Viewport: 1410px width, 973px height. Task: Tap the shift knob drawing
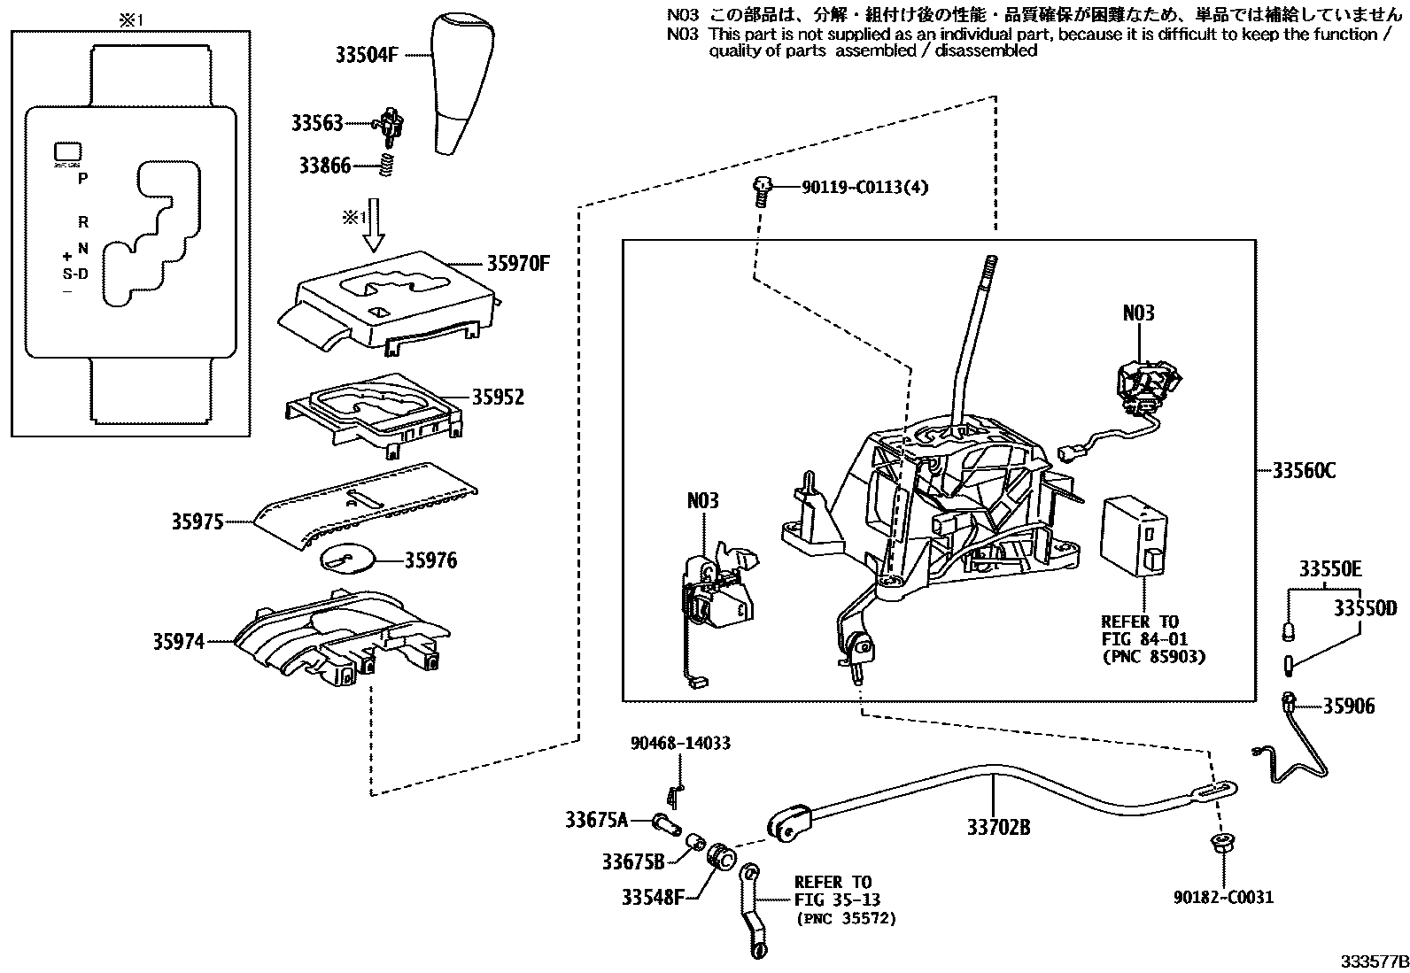[462, 84]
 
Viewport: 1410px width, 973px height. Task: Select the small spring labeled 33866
[387, 166]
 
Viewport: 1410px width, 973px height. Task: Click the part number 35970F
[518, 263]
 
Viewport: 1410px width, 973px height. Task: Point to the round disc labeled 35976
[346, 560]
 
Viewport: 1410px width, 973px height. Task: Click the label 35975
[197, 522]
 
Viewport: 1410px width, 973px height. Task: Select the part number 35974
[178, 642]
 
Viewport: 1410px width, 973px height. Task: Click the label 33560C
[1304, 471]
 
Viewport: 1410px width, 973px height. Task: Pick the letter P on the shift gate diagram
[82, 178]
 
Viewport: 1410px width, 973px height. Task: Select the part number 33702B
[998, 828]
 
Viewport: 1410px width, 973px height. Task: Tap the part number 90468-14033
[680, 743]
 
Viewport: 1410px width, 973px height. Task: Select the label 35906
[1349, 707]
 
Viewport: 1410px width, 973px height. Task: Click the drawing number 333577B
[1373, 961]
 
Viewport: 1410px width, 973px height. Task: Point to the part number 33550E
[1330, 569]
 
